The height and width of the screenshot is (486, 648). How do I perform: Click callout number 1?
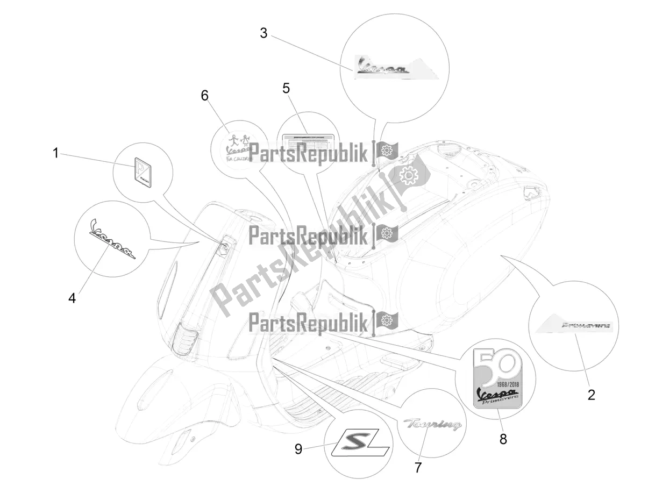[x=55, y=153]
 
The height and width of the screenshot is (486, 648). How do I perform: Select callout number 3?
[x=264, y=33]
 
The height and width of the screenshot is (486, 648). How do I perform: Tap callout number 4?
[x=72, y=297]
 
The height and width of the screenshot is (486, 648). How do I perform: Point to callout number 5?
[x=286, y=88]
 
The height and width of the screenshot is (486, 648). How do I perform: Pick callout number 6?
[x=204, y=95]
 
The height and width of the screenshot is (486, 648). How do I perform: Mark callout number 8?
[x=503, y=439]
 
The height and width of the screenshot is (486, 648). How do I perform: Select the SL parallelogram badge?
[x=361, y=445]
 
